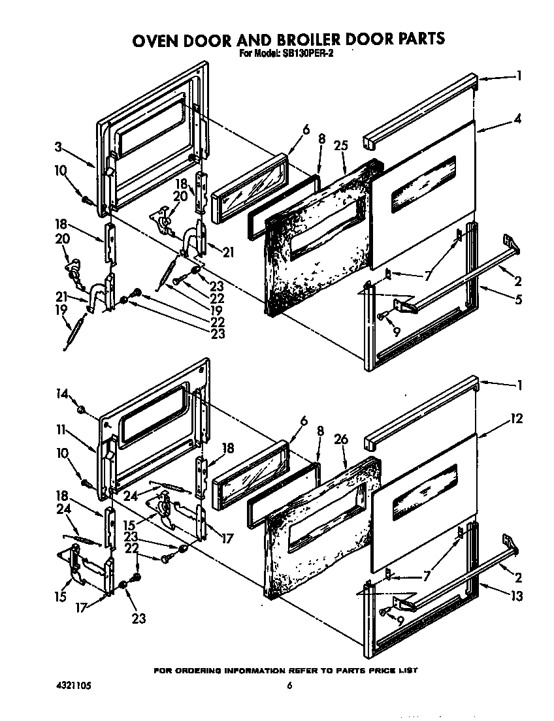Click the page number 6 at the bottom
[289, 686]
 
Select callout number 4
[517, 120]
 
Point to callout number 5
[517, 300]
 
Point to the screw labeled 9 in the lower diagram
[383, 611]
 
